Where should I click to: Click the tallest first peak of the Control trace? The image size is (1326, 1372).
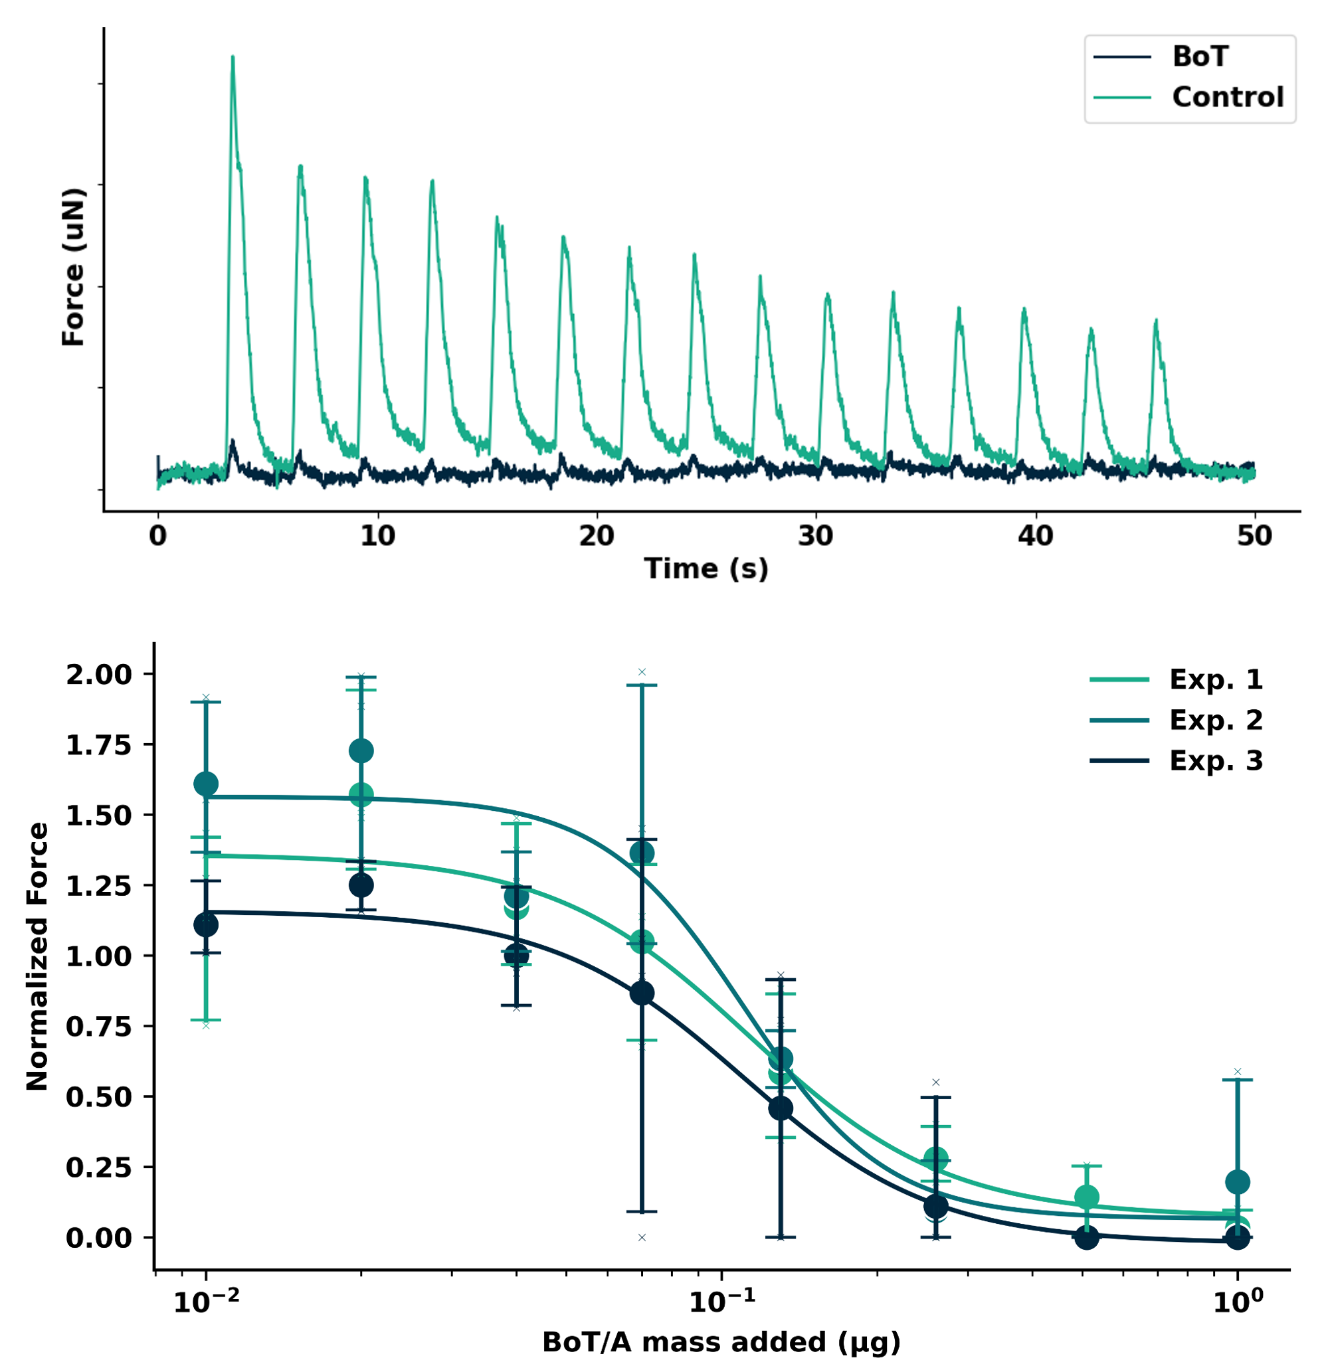pyautogui.click(x=233, y=57)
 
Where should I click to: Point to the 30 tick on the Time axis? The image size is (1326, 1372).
pyautogui.click(x=816, y=536)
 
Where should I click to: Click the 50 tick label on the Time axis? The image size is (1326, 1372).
pyautogui.click(x=1254, y=536)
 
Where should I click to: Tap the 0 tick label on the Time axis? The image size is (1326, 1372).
pyautogui.click(x=158, y=536)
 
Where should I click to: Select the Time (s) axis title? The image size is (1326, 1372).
pyautogui.click(x=706, y=568)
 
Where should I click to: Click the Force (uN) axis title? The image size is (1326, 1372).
pyautogui.click(x=73, y=267)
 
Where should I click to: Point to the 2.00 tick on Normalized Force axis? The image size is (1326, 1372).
pyautogui.click(x=99, y=675)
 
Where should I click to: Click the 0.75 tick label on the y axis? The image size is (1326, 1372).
pyautogui.click(x=99, y=1027)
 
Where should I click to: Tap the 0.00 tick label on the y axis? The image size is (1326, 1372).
pyautogui.click(x=99, y=1239)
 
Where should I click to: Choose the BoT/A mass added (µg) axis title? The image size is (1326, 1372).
pyautogui.click(x=721, y=1342)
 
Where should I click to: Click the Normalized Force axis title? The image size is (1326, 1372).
pyautogui.click(x=37, y=956)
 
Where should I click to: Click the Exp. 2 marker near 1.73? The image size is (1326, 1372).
pyautogui.click(x=361, y=751)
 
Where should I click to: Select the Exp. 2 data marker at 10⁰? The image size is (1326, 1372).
pyautogui.click(x=1237, y=1182)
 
